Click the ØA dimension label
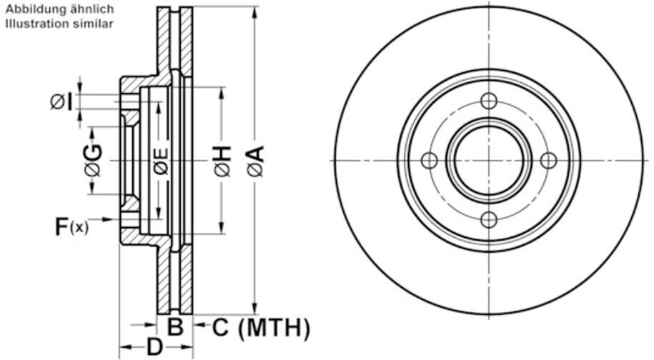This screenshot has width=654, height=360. click(x=255, y=161)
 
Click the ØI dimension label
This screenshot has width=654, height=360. click(x=61, y=102)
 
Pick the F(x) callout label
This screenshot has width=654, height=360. click(x=72, y=227)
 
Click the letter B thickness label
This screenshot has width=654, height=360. click(x=175, y=328)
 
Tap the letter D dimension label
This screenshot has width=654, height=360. click(x=154, y=348)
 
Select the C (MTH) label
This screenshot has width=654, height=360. click(x=261, y=328)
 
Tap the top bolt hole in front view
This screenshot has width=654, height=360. click(x=488, y=101)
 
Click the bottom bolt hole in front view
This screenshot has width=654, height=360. click(x=488, y=219)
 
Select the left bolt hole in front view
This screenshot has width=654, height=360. click(x=429, y=160)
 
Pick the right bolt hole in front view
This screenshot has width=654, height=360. click(x=548, y=160)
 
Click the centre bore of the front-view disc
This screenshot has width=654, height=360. click(x=488, y=160)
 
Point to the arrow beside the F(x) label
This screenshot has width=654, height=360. click(x=107, y=219)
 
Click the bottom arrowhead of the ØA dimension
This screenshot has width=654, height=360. click(x=255, y=309)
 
